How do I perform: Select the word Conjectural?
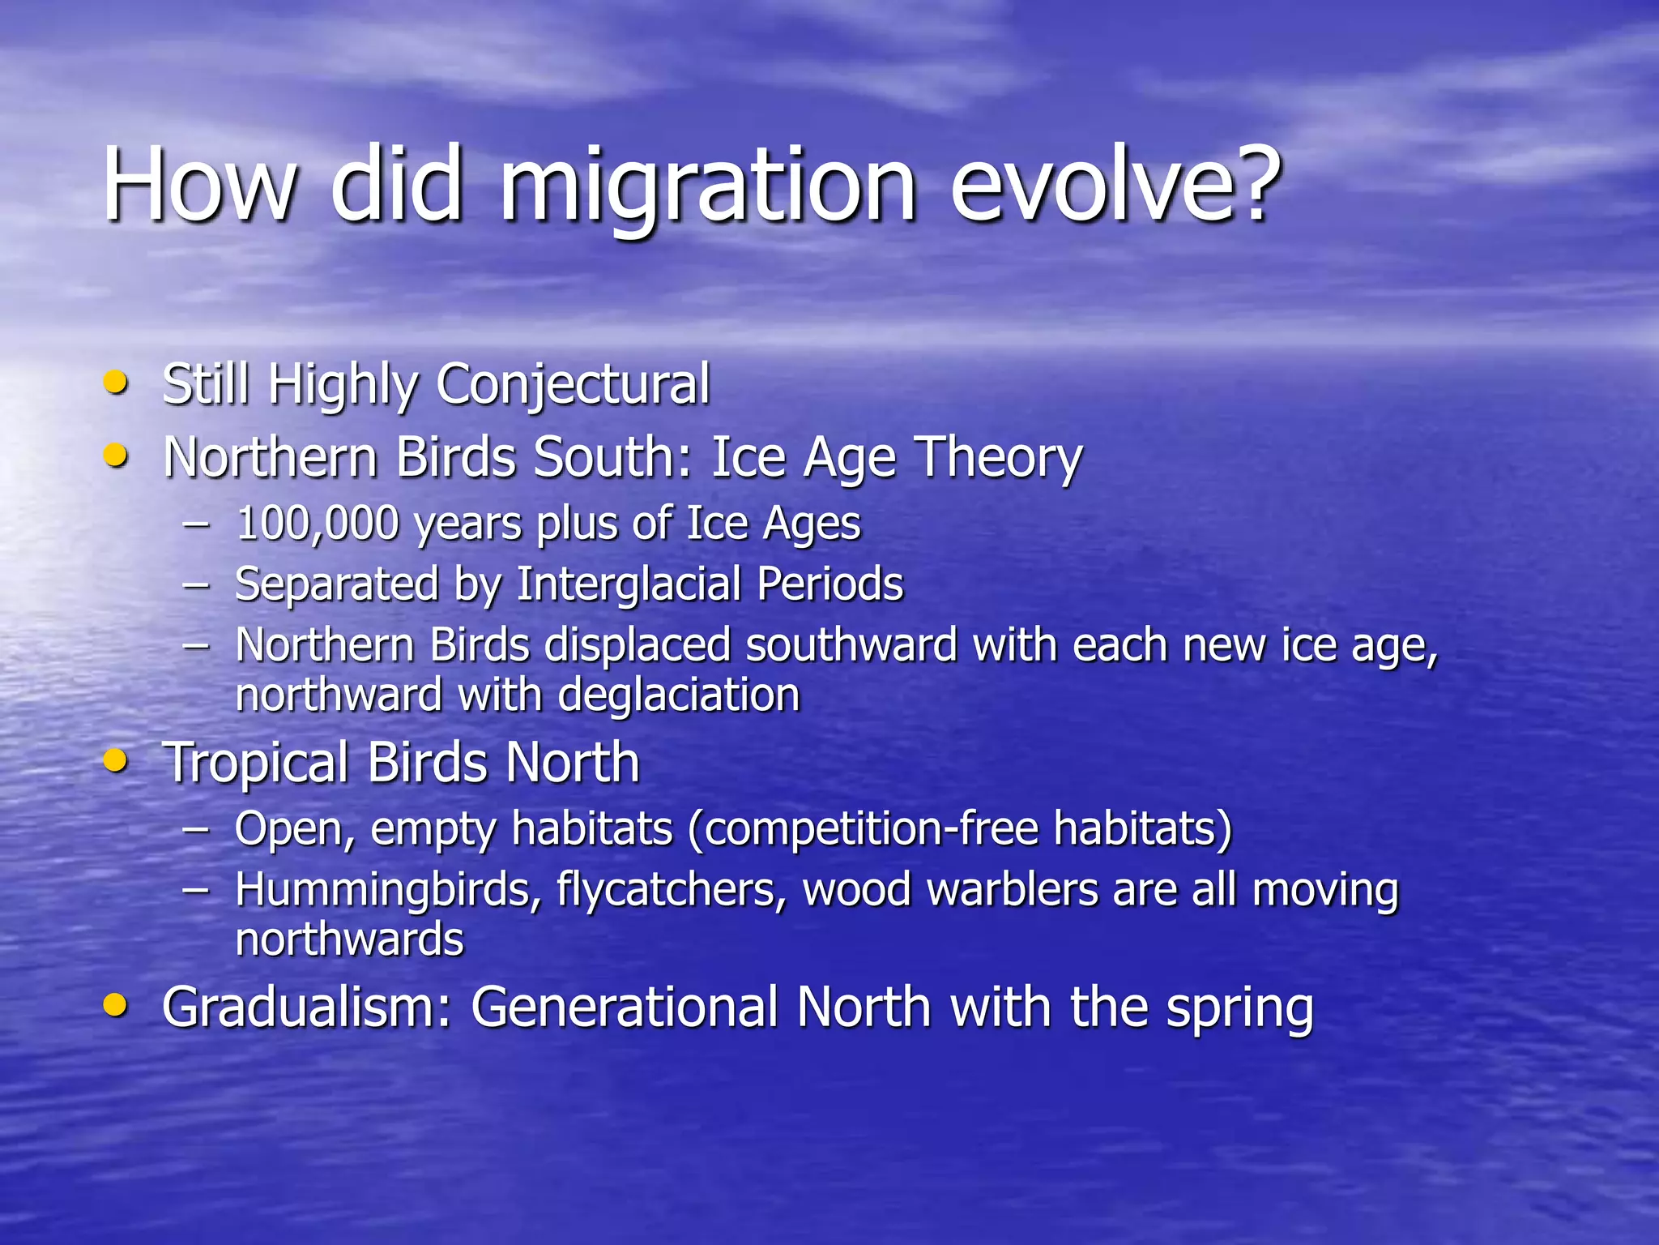pyautogui.click(x=573, y=384)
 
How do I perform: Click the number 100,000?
pyautogui.click(x=317, y=524)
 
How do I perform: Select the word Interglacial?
pyautogui.click(x=629, y=584)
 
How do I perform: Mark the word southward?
pyautogui.click(x=851, y=646)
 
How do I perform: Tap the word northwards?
pyautogui.click(x=349, y=939)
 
